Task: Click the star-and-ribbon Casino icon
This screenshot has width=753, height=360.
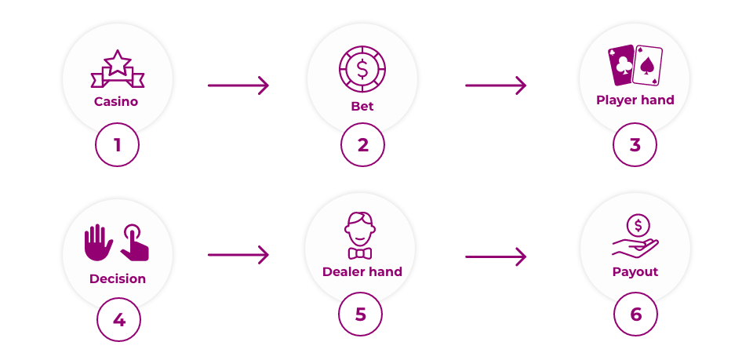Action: [x=117, y=70]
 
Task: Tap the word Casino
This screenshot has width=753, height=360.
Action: [x=116, y=101]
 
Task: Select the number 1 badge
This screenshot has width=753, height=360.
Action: [x=118, y=145]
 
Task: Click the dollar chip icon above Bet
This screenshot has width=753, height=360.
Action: [x=362, y=70]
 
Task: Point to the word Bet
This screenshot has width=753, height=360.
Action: [x=362, y=106]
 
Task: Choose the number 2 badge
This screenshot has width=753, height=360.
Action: [x=362, y=145]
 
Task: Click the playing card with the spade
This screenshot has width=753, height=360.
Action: [x=649, y=66]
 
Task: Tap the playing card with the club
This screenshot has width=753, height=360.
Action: [x=622, y=64]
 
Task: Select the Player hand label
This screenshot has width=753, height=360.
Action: [x=635, y=100]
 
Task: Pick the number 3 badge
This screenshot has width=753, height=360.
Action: [x=635, y=145]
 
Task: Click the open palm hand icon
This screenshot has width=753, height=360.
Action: [x=99, y=242]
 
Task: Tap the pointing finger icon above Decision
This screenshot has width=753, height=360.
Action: [x=134, y=242]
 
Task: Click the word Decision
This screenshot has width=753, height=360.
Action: [x=118, y=278]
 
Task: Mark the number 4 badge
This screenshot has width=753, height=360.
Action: [x=119, y=320]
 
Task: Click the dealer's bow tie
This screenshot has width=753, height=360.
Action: [x=360, y=253]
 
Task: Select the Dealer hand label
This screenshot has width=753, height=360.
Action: [x=362, y=272]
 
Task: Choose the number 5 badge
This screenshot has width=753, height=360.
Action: [x=361, y=315]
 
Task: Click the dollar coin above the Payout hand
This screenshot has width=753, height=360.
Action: [x=638, y=226]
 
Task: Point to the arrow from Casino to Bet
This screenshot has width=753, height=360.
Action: [x=238, y=85]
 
